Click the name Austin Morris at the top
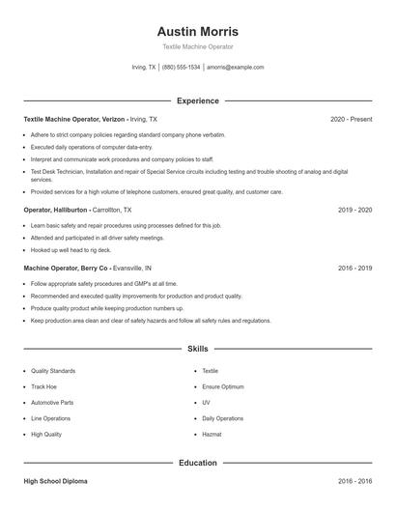point(197,31)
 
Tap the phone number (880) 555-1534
point(182,68)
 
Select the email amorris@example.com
point(235,68)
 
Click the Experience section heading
point(197,100)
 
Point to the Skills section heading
point(197,349)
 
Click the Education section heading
point(197,463)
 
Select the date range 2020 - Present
point(351,119)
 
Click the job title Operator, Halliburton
point(57,209)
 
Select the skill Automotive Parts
point(52,402)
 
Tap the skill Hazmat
point(212,435)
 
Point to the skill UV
point(206,402)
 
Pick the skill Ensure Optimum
point(222,386)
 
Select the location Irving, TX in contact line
point(143,68)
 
